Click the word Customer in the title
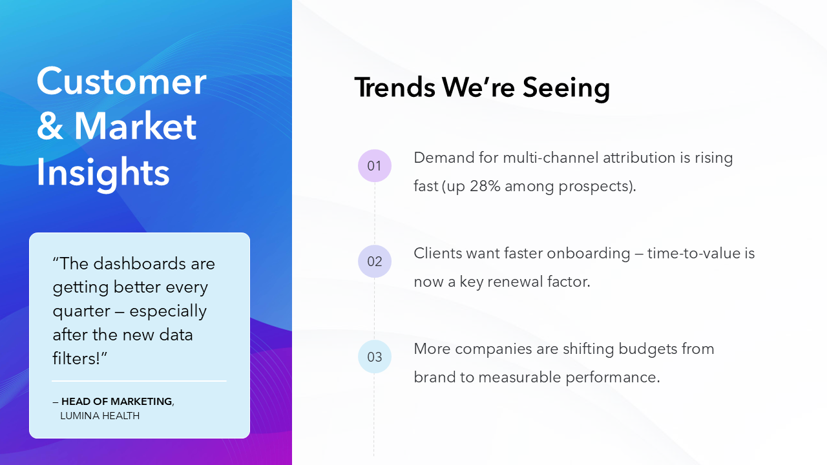pos(121,82)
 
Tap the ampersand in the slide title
pos(50,127)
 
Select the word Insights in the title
pos(103,172)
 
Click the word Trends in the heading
pos(394,87)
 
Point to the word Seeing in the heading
pos(566,88)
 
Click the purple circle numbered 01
pos(375,166)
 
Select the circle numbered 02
pos(375,262)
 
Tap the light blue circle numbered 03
pos(375,356)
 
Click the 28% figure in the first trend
pos(484,187)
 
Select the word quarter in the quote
pos(81,311)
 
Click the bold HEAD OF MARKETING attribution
pos(117,402)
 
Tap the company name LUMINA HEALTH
pos(99,416)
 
